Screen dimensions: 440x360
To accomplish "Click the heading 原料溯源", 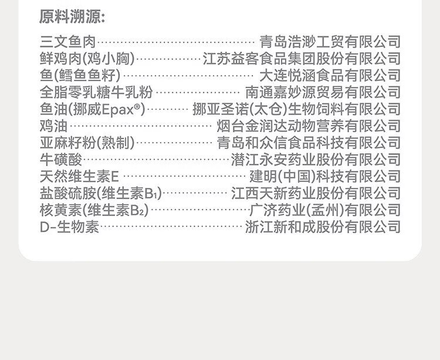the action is [x=72, y=16].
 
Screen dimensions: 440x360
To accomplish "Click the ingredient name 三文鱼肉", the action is [x=68, y=42].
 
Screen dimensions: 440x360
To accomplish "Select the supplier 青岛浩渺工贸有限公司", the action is [x=330, y=42].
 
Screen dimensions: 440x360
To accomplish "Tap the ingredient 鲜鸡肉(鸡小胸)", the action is [x=87, y=59].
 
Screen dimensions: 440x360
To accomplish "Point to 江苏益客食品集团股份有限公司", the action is [x=302, y=59].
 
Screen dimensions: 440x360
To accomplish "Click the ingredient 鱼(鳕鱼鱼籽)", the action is [x=80, y=75].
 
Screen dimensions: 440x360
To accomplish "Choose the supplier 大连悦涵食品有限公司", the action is [x=330, y=75].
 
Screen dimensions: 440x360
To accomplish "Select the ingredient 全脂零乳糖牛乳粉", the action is [x=96, y=92].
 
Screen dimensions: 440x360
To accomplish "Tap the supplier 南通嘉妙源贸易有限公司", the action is [x=323, y=92].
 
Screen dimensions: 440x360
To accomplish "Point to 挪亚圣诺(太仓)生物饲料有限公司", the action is [x=296, y=109].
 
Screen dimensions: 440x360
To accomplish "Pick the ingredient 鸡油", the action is [x=53, y=126].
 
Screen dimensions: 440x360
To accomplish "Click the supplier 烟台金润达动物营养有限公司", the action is [x=309, y=126].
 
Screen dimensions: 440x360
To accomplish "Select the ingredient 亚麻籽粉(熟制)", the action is [x=87, y=143].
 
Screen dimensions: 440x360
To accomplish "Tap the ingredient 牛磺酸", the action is [x=61, y=160].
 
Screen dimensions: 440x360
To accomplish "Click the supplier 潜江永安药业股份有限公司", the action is [x=316, y=160].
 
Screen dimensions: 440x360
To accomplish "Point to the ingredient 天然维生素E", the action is [x=79, y=176].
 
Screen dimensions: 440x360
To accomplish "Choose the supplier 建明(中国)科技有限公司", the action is [x=325, y=176].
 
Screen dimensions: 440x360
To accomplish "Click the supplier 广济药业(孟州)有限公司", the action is [x=325, y=210].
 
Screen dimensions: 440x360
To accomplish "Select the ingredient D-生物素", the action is [x=69, y=227].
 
